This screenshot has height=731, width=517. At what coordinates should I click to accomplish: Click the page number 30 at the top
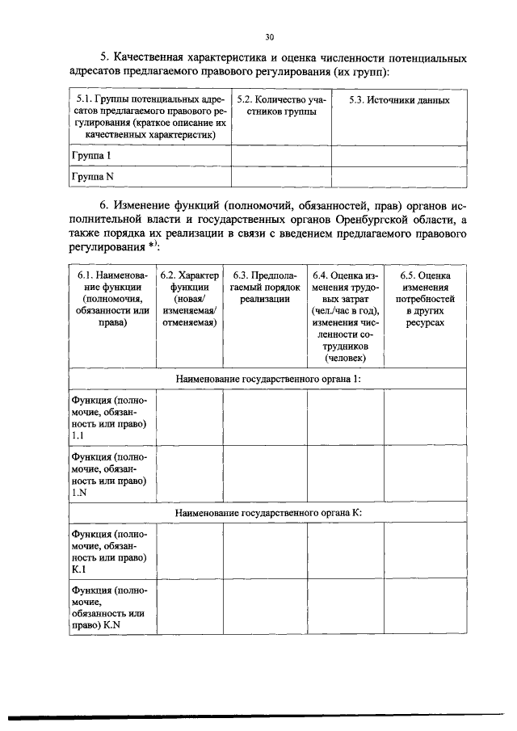point(269,36)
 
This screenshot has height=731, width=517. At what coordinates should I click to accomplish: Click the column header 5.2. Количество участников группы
point(280,106)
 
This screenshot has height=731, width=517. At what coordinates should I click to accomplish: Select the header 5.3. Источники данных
point(398,100)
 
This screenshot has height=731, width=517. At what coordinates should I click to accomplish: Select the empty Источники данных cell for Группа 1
point(398,155)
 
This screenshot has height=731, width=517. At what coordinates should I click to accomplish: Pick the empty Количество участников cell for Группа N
point(280,175)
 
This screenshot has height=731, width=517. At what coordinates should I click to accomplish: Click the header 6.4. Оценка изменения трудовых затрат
point(344,317)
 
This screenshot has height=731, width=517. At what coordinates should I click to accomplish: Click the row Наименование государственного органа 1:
point(267,378)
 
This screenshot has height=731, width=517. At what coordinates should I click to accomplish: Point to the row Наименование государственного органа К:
point(267,512)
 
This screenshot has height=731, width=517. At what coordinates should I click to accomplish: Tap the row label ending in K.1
point(108,552)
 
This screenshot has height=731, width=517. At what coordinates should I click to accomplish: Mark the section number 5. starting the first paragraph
point(104,59)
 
